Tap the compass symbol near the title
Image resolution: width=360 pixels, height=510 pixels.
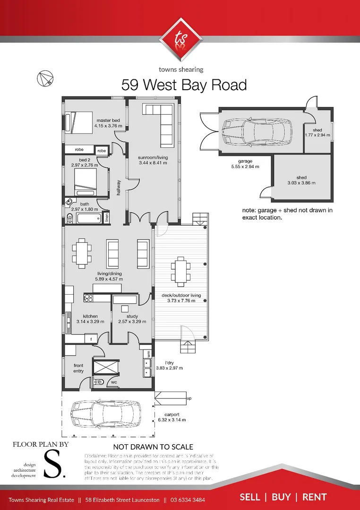click(x=46, y=79)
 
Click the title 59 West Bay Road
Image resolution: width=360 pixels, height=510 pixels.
click(x=184, y=85)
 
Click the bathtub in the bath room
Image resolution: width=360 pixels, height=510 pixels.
click(x=88, y=219)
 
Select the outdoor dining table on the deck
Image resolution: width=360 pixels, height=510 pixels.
click(x=180, y=272)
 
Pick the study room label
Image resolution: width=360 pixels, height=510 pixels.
click(x=132, y=316)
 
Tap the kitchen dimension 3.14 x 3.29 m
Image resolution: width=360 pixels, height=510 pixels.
click(x=90, y=322)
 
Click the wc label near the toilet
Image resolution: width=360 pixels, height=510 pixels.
click(x=114, y=382)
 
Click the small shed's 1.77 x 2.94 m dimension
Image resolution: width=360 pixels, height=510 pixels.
click(x=317, y=136)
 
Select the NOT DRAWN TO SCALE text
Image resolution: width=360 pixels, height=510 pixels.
click(x=153, y=447)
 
